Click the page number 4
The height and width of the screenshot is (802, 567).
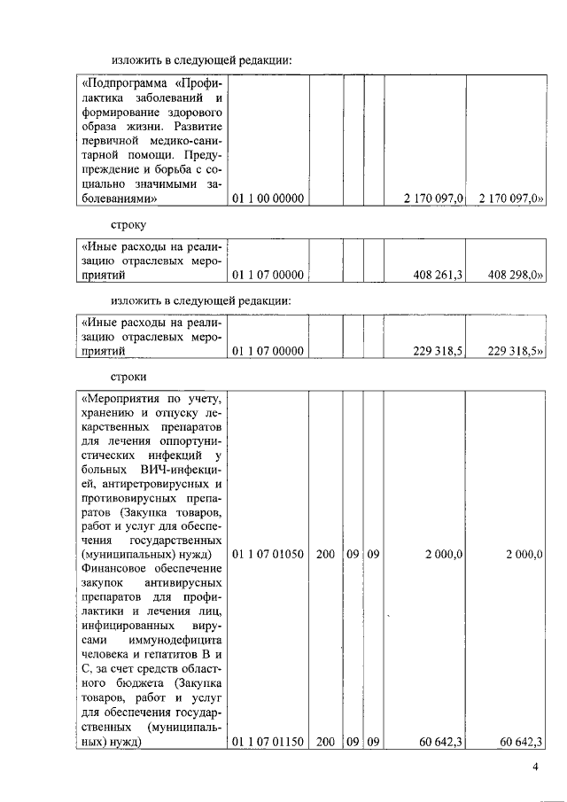[536, 767]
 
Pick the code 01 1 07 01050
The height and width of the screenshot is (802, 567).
[268, 554]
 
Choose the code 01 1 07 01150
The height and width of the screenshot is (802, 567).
[268, 742]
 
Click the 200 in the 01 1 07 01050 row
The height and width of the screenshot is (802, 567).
[324, 554]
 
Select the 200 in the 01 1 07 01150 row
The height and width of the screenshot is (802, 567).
[324, 742]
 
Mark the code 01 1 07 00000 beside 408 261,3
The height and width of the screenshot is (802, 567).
[268, 276]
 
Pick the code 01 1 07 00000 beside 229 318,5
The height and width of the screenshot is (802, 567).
[268, 351]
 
